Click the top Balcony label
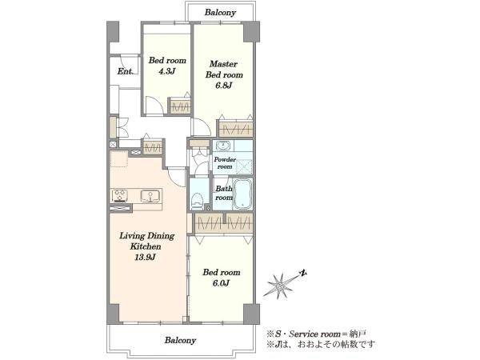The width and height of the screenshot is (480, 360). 220,13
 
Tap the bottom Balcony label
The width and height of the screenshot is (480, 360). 180,340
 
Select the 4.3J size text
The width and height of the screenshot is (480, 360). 166,71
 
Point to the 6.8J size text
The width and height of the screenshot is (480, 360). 224,86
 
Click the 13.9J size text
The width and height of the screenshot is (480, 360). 146,258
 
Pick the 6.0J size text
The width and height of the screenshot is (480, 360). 221,283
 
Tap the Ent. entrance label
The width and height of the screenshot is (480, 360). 125,71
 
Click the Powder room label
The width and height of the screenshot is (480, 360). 225,163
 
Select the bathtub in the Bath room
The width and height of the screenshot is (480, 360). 242,194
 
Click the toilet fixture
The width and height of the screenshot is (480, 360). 197,201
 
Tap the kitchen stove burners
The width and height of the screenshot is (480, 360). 120,196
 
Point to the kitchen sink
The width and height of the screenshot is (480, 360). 150,196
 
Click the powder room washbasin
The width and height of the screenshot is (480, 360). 223,146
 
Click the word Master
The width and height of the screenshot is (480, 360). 223,64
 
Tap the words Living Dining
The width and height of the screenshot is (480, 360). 146,236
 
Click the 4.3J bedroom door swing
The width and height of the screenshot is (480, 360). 154,106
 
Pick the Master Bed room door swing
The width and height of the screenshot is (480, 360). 201,126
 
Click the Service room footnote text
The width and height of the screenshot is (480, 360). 317,334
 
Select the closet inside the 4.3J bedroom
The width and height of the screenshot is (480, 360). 181,106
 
